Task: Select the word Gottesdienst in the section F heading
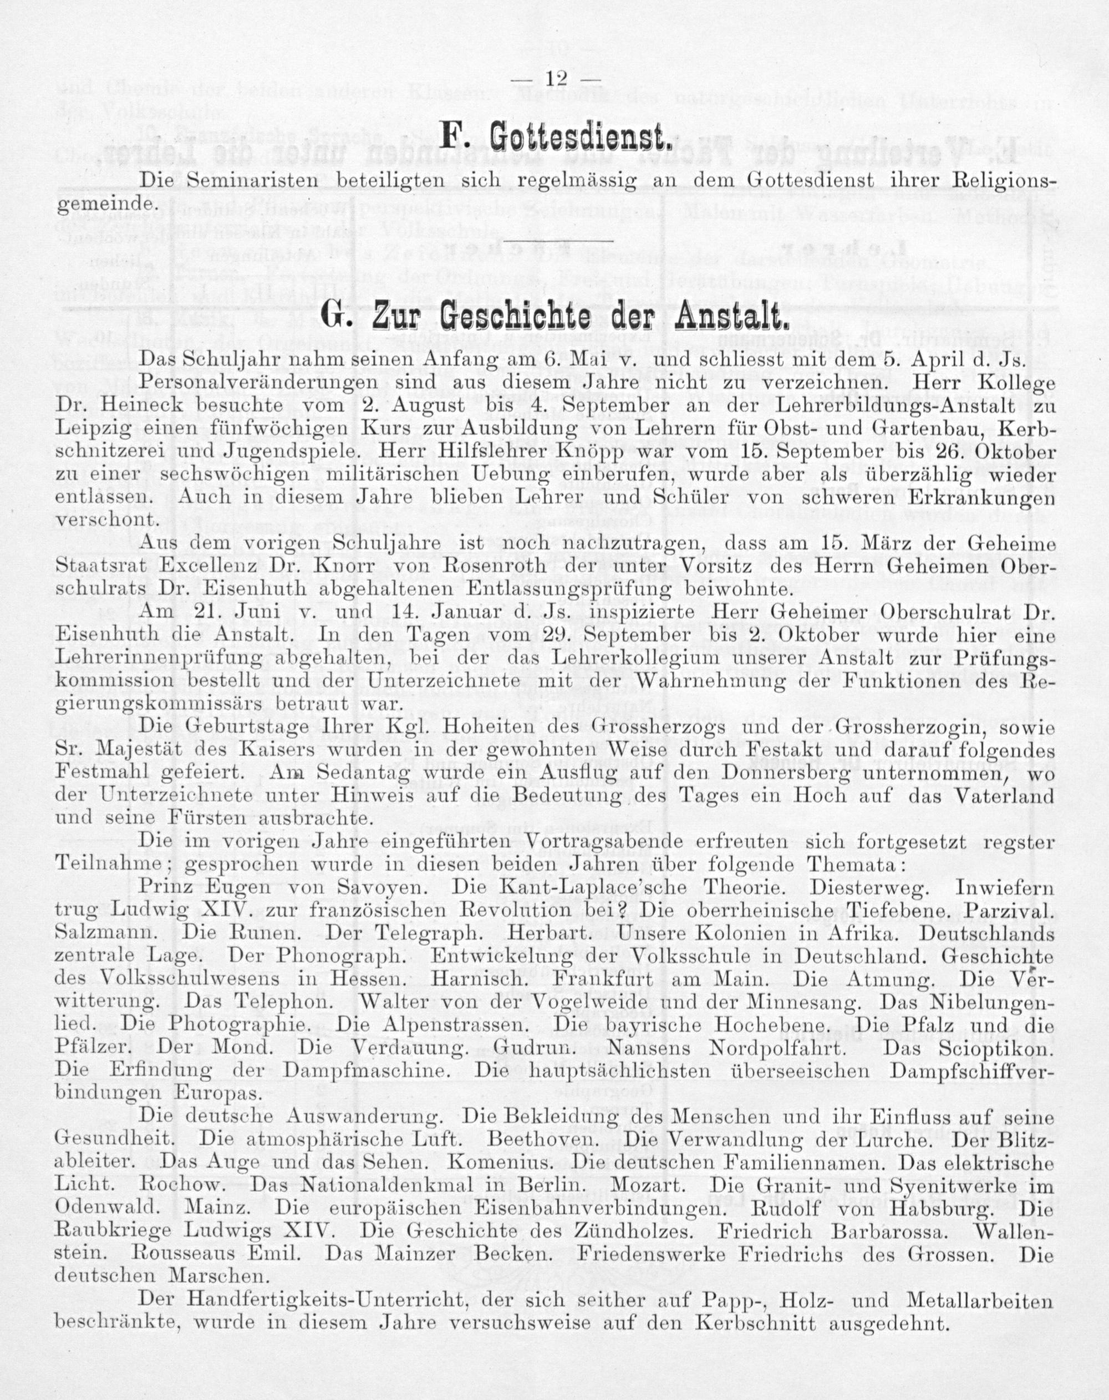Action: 577,137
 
